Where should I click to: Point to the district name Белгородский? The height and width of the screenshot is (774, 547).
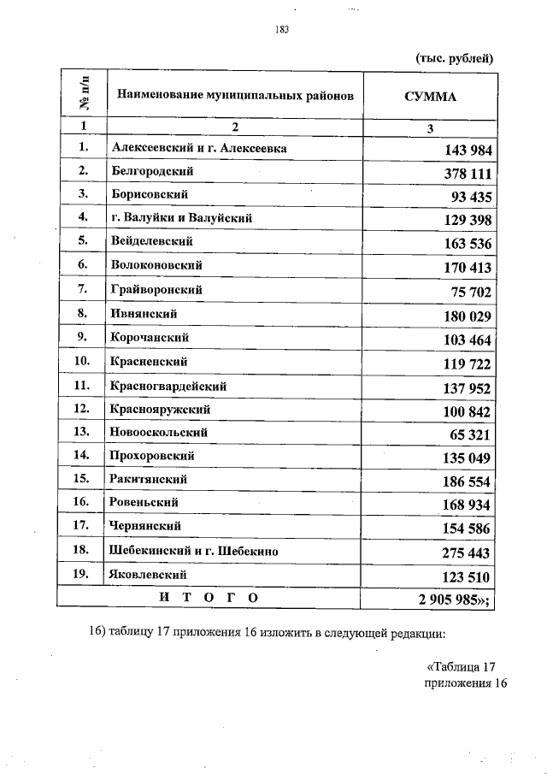(153, 171)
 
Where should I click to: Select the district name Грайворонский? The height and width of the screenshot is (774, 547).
(157, 289)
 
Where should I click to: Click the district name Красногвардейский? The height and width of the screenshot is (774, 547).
(168, 386)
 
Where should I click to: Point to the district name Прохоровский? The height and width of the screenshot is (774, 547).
(153, 456)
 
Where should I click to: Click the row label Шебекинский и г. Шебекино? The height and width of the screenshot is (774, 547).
(195, 550)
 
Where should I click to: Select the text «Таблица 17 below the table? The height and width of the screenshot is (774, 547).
(460, 667)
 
